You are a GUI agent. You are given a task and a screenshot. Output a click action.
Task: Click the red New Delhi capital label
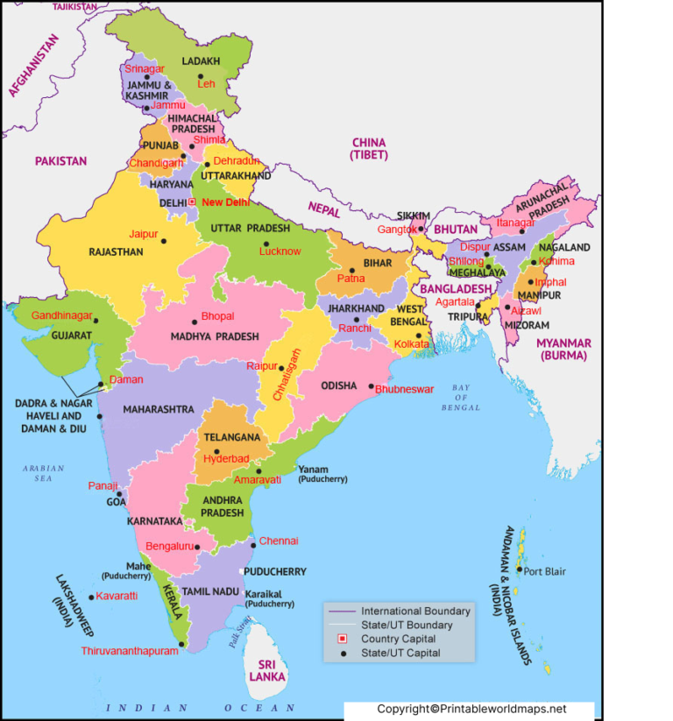point(225,202)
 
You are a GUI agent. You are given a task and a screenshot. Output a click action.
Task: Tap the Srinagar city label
point(144,68)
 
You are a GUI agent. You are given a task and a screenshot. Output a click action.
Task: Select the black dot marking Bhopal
point(195,322)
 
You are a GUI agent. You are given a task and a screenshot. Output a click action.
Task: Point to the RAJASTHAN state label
point(116,252)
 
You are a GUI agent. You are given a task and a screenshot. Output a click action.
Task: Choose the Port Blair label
point(544,572)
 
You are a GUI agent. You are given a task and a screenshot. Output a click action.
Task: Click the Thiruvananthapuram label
point(129,651)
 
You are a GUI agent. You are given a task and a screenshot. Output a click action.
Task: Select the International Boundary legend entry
point(415,611)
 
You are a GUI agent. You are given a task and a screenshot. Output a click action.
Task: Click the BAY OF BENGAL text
point(461,397)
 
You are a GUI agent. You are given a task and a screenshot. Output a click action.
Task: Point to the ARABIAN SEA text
point(44,473)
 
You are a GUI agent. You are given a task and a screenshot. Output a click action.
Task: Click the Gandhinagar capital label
point(62,315)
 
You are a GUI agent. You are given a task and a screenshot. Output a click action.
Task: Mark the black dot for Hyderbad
point(216,451)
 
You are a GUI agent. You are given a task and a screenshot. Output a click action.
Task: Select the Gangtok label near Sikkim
point(397,230)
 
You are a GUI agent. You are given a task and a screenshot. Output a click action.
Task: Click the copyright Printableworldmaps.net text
point(471,709)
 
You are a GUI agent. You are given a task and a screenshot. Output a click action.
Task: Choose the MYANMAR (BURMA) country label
point(564,349)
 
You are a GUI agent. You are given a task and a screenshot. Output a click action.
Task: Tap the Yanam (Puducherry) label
point(322,474)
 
